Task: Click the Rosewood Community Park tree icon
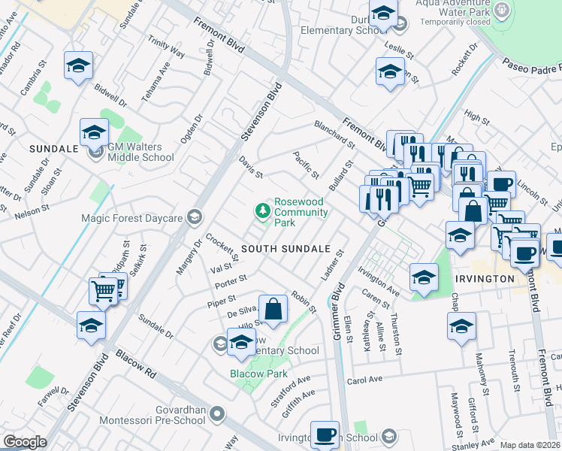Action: pyautogui.click(x=263, y=211)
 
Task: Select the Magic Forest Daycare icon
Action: pyautogui.click(x=194, y=217)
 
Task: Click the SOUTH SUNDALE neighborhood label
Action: pyautogui.click(x=286, y=249)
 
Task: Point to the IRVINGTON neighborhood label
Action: pyautogui.click(x=485, y=279)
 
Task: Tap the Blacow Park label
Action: pyautogui.click(x=259, y=374)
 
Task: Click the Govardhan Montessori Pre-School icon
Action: pyautogui.click(x=217, y=413)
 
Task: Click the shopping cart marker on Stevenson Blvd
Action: pyautogui.click(x=103, y=290)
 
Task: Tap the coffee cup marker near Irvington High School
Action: pyautogui.click(x=325, y=435)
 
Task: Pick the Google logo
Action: pyautogui.click(x=25, y=442)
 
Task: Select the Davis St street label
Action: pyautogui.click(x=250, y=168)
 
